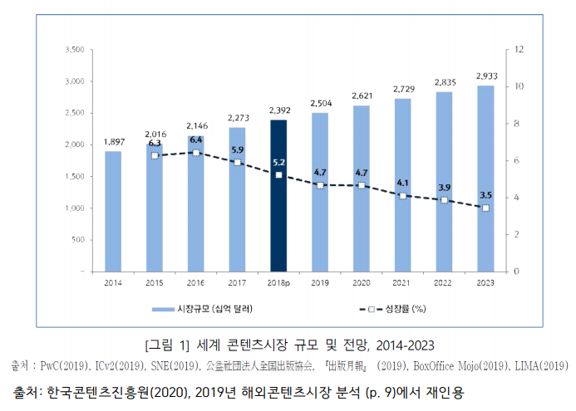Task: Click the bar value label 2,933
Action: tap(486, 76)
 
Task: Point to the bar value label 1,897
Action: tap(114, 142)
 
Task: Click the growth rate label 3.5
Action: tap(485, 195)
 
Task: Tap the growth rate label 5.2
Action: tap(278, 163)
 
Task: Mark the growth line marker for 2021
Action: tap(402, 196)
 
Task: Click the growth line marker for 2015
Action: tap(155, 155)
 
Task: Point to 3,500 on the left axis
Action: tap(74, 50)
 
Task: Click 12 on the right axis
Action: tap(519, 50)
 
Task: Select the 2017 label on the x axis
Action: tap(237, 284)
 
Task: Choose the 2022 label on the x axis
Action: tap(444, 284)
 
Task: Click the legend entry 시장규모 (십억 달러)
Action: tap(207, 309)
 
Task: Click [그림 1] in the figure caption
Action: tap(167, 345)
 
